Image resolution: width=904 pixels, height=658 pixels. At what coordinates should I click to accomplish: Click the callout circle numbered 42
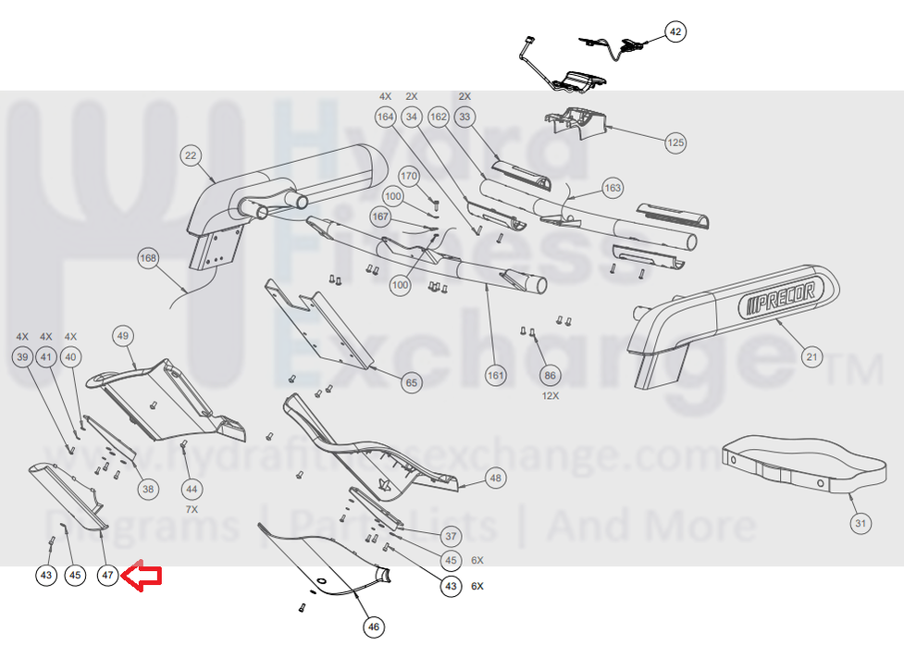coord(675,32)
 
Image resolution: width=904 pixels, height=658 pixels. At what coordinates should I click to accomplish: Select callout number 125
coord(675,143)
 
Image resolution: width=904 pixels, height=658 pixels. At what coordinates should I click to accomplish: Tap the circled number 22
coord(192,156)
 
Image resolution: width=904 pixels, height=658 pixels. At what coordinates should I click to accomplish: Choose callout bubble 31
coord(861,524)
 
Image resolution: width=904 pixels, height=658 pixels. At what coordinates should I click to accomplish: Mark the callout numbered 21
coord(811,356)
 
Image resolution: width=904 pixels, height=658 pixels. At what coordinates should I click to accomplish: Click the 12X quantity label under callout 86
coord(551,395)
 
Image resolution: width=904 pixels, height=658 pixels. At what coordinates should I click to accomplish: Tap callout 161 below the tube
coord(497,375)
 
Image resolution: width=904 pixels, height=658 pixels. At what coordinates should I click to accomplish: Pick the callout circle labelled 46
coord(373,627)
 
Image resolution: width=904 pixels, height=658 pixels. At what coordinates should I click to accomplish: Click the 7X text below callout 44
coord(192,509)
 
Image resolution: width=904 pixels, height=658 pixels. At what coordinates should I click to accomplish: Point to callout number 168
coord(148,258)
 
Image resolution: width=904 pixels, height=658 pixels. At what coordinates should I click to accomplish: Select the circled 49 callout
coord(123,335)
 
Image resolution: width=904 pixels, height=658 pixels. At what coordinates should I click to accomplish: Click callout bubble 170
coord(410,176)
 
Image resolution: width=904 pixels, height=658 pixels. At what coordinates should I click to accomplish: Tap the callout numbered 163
coord(613,189)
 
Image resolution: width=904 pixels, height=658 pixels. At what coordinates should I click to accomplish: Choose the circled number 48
coord(496,478)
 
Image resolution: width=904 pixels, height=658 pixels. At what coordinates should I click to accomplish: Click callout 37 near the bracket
coord(451,536)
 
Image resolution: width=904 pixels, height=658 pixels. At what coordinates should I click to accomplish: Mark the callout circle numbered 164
coord(385,118)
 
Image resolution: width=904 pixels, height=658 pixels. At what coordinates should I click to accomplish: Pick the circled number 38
coord(147,488)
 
